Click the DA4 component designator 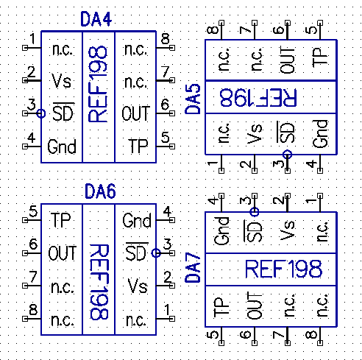[x=96, y=19]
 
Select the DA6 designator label [x=100, y=191]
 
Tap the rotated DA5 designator [x=193, y=99]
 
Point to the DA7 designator [x=193, y=268]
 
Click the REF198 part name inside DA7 [x=283, y=269]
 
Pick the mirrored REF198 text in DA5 [x=258, y=97]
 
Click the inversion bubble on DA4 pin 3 [x=41, y=113]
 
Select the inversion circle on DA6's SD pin [x=156, y=253]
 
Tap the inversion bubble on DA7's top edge [x=255, y=211]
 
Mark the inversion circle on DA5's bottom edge [x=287, y=155]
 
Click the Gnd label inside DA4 [x=62, y=147]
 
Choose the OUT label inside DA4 [x=135, y=113]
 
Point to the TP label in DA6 [x=60, y=220]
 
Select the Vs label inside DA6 [x=138, y=286]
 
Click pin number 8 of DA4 [x=166, y=38]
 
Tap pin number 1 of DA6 [x=167, y=310]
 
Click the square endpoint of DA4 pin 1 [x=25, y=48]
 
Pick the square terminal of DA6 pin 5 [x=25, y=220]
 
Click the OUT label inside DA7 [x=255, y=306]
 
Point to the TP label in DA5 [x=320, y=57]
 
